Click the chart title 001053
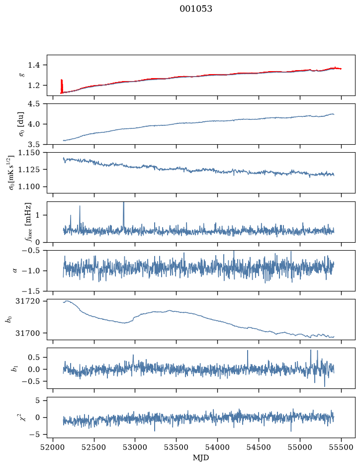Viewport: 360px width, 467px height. [195, 9]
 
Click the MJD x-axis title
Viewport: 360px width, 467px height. [201, 458]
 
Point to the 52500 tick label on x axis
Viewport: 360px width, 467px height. [94, 447]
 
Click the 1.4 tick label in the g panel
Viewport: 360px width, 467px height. [34, 65]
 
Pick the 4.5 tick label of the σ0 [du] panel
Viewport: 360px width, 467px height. [34, 104]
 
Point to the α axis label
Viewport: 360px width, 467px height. [15, 271]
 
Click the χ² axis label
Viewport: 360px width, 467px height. [23, 417]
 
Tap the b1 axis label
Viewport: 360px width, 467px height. [14, 368]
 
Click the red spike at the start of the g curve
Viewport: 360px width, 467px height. [62, 86]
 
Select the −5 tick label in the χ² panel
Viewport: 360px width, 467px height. [34, 435]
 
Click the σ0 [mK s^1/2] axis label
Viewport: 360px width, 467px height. [11, 173]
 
